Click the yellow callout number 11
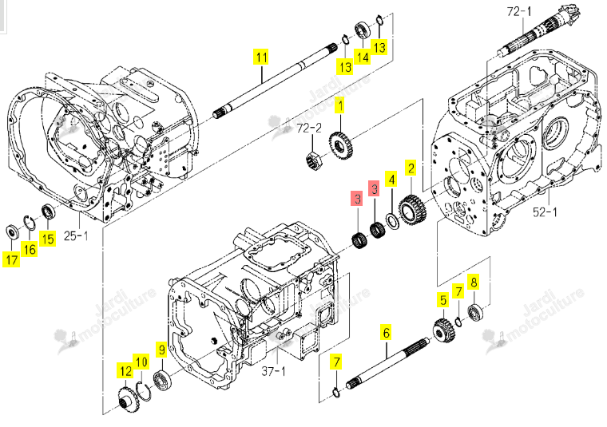click(262, 57)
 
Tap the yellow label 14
click(363, 57)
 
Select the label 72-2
click(309, 128)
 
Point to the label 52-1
click(545, 212)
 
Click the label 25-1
click(76, 235)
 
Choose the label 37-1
click(273, 371)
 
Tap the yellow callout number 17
click(12, 259)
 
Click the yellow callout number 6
click(387, 333)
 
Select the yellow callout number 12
click(125, 371)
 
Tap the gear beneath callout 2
click(412, 209)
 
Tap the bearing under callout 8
click(475, 313)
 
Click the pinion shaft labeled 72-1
click(539, 32)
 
